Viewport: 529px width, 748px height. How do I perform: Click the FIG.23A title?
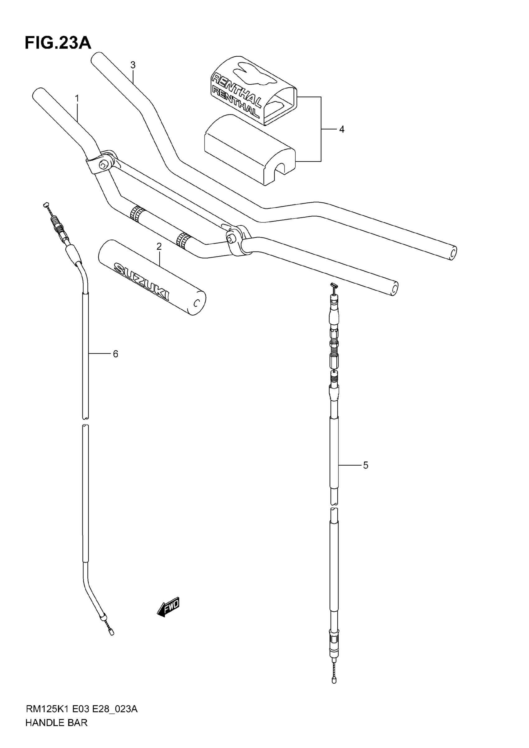pyautogui.click(x=58, y=43)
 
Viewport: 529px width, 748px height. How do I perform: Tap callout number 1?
pyautogui.click(x=77, y=98)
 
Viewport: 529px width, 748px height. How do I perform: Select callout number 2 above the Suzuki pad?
pyautogui.click(x=159, y=247)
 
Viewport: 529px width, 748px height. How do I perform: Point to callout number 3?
pyautogui.click(x=133, y=65)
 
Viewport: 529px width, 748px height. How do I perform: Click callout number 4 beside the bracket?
pyautogui.click(x=341, y=130)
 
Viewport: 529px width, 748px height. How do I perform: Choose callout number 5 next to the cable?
pyautogui.click(x=366, y=466)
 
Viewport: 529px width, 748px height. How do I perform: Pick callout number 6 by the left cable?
pyautogui.click(x=115, y=354)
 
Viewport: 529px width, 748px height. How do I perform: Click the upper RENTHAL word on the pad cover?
pyautogui.click(x=235, y=90)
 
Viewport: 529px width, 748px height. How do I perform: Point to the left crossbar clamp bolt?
pyautogui.click(x=103, y=165)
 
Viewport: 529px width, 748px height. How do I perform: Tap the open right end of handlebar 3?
pyautogui.click(x=453, y=253)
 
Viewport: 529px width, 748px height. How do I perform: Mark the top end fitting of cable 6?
pyautogui.click(x=46, y=205)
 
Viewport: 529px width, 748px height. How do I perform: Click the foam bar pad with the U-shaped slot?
pyautogui.click(x=250, y=150)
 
